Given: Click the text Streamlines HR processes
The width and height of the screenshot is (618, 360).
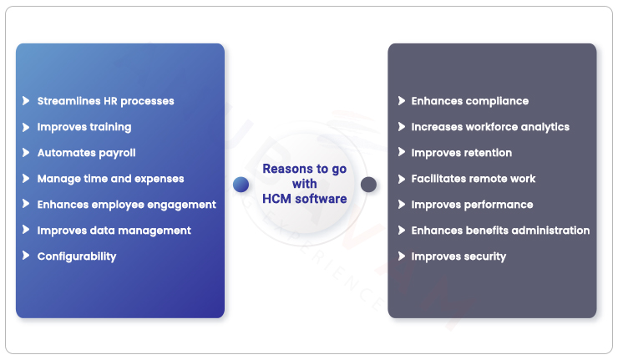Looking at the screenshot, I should tap(105, 101).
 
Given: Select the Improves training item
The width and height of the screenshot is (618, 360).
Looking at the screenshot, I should tap(84, 127).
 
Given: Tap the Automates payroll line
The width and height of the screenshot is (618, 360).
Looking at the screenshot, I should tap(86, 153).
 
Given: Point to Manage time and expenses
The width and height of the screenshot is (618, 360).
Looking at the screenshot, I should tap(110, 179).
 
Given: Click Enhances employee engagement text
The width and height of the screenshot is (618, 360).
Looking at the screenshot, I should tap(126, 205).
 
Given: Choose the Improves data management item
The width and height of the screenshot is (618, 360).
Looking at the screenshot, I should tap(114, 231).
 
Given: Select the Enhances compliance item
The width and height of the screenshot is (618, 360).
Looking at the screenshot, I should tap(469, 101).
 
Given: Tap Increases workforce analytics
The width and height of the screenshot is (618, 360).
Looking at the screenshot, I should tap(489, 127).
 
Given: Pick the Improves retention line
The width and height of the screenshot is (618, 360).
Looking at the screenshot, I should tap(461, 153).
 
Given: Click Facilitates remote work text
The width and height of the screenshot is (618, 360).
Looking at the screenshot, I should tap(473, 179).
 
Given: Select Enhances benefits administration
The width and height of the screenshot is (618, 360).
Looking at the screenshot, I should tap(500, 231).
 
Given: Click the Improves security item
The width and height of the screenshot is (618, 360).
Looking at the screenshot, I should tap(458, 256).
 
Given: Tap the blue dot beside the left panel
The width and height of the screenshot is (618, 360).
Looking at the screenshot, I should tap(241, 184).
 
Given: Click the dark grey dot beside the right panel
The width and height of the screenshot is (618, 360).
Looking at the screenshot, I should tap(368, 184).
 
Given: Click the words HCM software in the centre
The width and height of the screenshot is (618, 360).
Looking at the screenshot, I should tap(305, 199).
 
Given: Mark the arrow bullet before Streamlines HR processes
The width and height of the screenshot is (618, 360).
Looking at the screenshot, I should tap(27, 101).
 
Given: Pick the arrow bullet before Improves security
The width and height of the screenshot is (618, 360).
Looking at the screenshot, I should tap(401, 256).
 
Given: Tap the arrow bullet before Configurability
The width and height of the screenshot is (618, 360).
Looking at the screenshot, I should tap(27, 256).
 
